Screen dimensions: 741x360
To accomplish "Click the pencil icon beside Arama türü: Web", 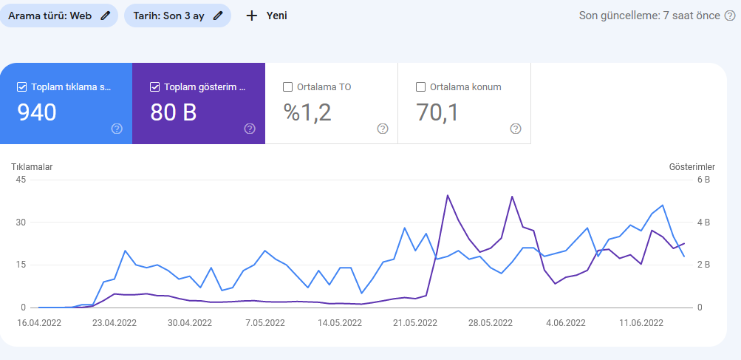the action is [x=106, y=16].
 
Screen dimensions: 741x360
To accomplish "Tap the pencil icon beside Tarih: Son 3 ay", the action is [x=218, y=16].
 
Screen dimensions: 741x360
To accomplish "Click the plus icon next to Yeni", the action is [x=252, y=16].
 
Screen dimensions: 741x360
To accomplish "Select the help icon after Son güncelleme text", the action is [x=730, y=16].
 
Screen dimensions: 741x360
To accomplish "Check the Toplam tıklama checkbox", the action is [x=21, y=87].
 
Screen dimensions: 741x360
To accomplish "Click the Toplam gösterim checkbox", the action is [x=154, y=87].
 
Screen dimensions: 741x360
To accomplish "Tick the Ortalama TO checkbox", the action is [x=287, y=87].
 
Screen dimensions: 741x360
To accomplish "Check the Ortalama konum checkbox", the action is [x=420, y=87].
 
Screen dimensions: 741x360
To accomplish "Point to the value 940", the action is [x=37, y=112].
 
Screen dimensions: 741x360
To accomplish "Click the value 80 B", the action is [x=174, y=112].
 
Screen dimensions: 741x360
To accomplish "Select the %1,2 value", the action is [x=307, y=112].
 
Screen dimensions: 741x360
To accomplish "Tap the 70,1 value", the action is [x=437, y=112].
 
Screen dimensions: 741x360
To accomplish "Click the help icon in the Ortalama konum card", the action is [x=516, y=129].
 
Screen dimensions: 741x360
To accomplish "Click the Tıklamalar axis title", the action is [x=32, y=166].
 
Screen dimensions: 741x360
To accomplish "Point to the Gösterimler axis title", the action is [x=692, y=166].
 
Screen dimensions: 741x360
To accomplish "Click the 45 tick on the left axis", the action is [x=21, y=180].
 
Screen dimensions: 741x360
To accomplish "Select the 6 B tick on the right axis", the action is [x=703, y=180].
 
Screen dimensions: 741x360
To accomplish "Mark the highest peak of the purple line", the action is [x=448, y=195].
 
